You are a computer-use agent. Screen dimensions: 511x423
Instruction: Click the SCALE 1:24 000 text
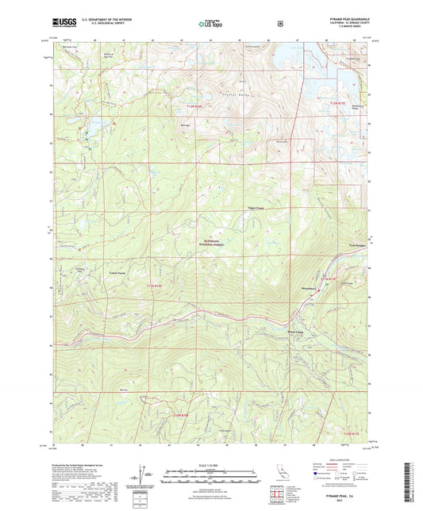point(211,464)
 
